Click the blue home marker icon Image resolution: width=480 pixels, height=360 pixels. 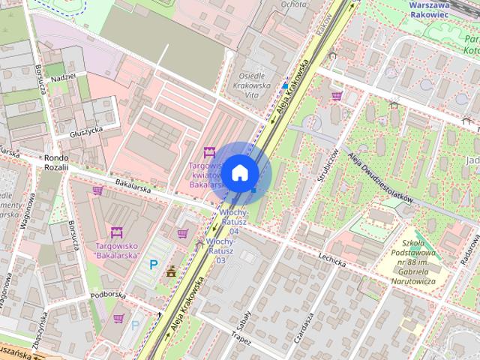pos(239,172)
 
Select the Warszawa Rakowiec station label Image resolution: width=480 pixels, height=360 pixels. pos(439,9)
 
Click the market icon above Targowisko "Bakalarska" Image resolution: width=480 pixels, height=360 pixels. pos(116,232)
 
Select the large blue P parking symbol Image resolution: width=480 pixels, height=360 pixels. pos(153,264)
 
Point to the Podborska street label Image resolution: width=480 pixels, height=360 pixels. pos(108,295)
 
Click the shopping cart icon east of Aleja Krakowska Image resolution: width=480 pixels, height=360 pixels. pos(337,96)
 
